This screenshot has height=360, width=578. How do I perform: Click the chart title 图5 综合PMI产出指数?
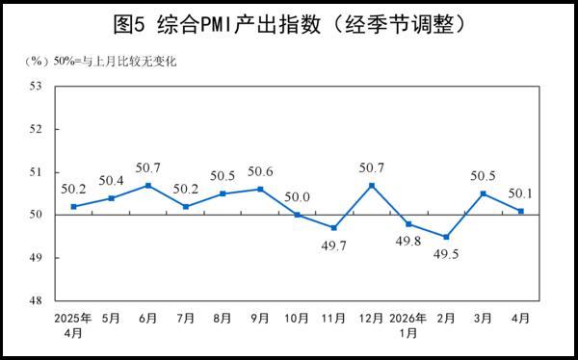pyautogui.click(x=289, y=22)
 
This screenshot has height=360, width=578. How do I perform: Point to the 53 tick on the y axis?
pyautogui.click(x=37, y=86)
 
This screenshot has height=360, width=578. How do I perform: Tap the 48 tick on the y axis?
pyautogui.click(x=37, y=301)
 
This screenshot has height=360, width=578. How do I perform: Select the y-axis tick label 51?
pyautogui.click(x=37, y=172)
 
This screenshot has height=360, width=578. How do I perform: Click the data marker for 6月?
pyautogui.click(x=148, y=185)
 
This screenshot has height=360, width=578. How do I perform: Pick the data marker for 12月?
pyautogui.click(x=372, y=185)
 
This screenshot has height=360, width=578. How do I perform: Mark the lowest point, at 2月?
pyautogui.click(x=446, y=237)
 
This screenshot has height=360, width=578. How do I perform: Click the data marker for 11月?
pyautogui.click(x=334, y=228)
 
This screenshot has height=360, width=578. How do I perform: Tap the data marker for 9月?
pyautogui.click(x=260, y=189)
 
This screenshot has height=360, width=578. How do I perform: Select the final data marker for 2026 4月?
pyautogui.click(x=521, y=211)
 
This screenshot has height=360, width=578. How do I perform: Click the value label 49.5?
pyautogui.click(x=446, y=254)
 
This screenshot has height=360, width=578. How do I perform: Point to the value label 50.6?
pyautogui.click(x=260, y=172)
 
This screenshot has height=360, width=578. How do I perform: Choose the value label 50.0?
pyautogui.click(x=298, y=197)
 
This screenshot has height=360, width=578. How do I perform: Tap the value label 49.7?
pyautogui.click(x=334, y=245)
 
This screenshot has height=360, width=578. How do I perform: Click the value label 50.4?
pyautogui.click(x=111, y=181)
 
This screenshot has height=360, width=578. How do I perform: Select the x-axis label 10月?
pyautogui.click(x=298, y=318)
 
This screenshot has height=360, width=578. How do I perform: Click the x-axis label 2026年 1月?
pyautogui.click(x=408, y=324)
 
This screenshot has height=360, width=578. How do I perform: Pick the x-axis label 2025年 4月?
pyautogui.click(x=73, y=324)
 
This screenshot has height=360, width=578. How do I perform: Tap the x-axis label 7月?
pyautogui.click(x=186, y=318)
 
